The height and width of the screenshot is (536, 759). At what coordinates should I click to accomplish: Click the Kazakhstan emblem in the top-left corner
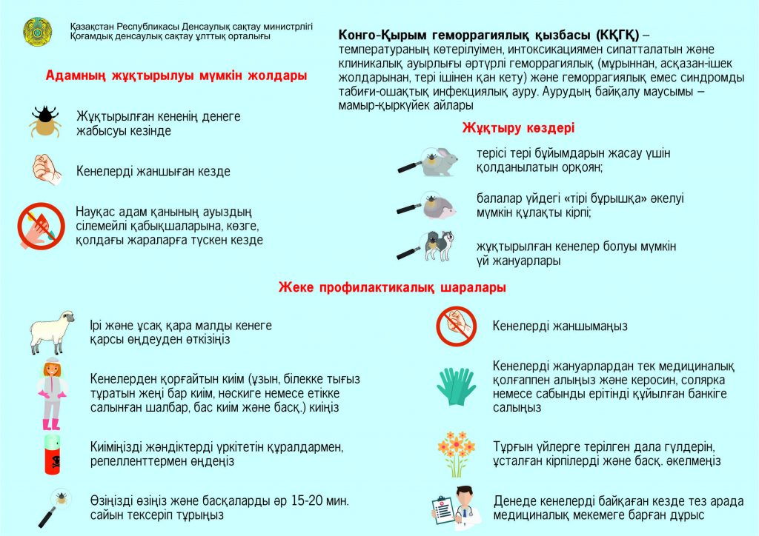click(38, 32)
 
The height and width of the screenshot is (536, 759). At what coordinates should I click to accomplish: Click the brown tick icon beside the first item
click(44, 122)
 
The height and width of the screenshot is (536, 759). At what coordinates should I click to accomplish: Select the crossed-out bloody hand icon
click(42, 225)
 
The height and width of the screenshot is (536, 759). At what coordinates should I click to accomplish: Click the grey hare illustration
click(443, 162)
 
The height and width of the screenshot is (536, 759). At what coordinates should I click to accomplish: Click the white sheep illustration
click(53, 331)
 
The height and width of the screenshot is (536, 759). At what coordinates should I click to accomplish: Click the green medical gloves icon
click(456, 384)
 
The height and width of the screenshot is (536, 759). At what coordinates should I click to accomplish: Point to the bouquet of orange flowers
click(456, 452)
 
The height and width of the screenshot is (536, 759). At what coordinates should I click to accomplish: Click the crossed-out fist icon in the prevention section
click(455, 326)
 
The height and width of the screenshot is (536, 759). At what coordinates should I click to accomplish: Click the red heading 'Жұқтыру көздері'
click(518, 128)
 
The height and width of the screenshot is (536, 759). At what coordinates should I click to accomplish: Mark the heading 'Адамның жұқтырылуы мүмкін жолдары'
click(176, 76)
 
